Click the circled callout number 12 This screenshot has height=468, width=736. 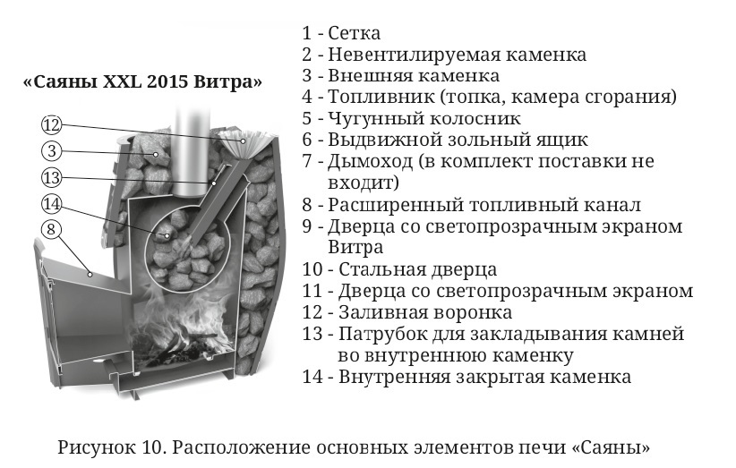pos(52,124)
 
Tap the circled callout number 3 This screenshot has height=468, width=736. pos(52,151)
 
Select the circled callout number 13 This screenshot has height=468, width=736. pos(52,178)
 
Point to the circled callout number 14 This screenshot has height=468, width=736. pos(52,204)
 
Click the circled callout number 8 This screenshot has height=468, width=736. pos(52,230)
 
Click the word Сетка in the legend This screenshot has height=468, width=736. pos(354,33)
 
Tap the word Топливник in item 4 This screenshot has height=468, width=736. pos(381,97)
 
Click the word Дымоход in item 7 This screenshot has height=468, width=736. pos(370,161)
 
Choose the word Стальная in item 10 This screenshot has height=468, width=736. pos(381,269)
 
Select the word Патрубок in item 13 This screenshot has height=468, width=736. pos(382,335)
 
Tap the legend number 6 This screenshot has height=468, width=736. pos(307,140)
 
